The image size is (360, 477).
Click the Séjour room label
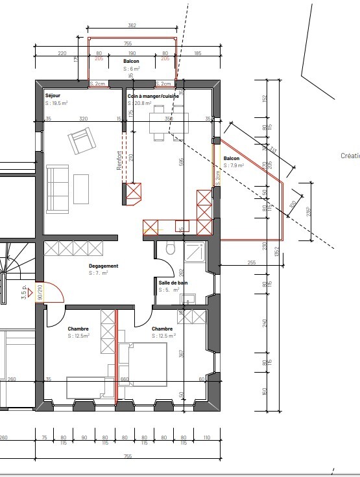[x=53, y=96]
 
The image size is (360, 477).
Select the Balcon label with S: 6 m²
[x=132, y=61]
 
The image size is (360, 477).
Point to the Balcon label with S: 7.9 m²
[x=232, y=159]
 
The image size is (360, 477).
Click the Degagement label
[x=103, y=266]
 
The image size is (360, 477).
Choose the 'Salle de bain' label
[x=174, y=283]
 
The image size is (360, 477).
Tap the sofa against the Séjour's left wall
[x=57, y=189]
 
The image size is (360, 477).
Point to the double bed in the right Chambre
[x=143, y=364]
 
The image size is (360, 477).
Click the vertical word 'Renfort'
[x=119, y=160]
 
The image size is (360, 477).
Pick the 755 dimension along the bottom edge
[x=128, y=457]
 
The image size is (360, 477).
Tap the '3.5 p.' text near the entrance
[x=25, y=289]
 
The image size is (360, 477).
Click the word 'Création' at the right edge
[x=350, y=156]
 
